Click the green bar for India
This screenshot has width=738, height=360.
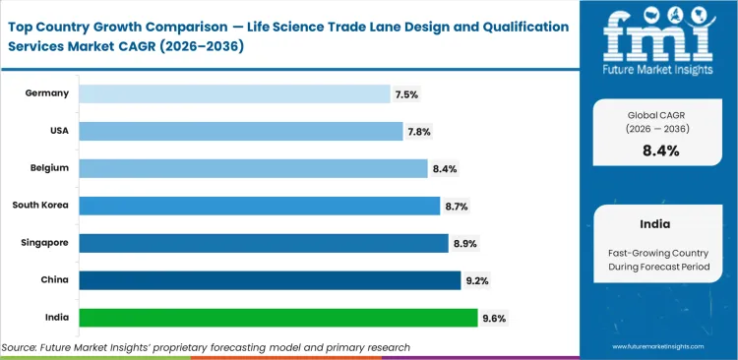[277, 318]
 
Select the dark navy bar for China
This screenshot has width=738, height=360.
[270, 280]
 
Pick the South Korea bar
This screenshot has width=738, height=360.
[259, 206]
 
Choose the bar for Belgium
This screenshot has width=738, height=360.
[253, 168]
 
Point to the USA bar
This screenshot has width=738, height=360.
[240, 131]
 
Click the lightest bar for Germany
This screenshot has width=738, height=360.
[234, 93]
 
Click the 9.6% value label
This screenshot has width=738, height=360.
[495, 318]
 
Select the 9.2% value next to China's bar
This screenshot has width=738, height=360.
[477, 280]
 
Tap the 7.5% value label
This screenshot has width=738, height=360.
[406, 94]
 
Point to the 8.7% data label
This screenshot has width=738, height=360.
[456, 206]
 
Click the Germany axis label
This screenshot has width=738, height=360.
[48, 93]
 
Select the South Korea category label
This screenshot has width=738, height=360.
[40, 206]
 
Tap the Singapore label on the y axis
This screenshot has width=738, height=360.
[44, 243]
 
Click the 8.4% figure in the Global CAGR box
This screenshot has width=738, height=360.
[659, 150]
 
